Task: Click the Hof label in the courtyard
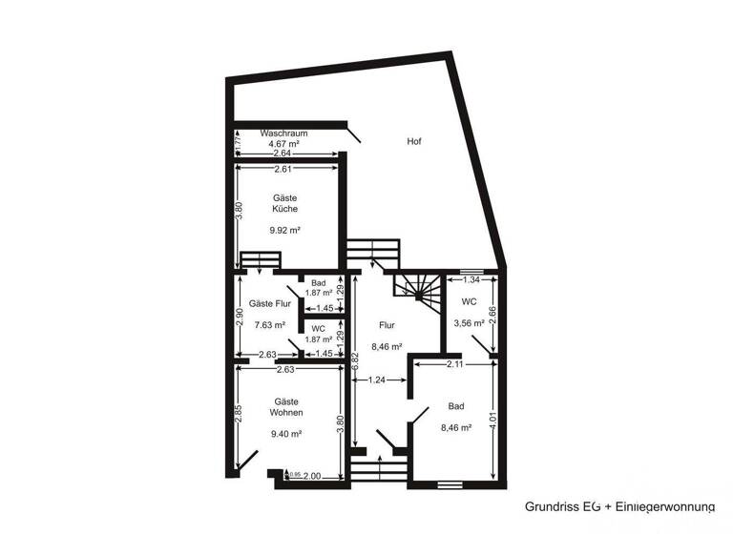point(414,141)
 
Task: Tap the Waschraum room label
point(282,133)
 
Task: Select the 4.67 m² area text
point(284,144)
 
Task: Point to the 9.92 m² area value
point(284,230)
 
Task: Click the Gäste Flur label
point(270,304)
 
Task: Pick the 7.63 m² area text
point(269,324)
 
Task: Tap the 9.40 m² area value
point(287,433)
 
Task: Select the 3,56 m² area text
point(469,322)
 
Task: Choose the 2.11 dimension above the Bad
point(454,363)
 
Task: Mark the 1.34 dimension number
point(471,279)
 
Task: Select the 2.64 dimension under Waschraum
point(282,154)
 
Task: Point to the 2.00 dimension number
point(311,474)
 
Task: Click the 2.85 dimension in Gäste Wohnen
point(239,417)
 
